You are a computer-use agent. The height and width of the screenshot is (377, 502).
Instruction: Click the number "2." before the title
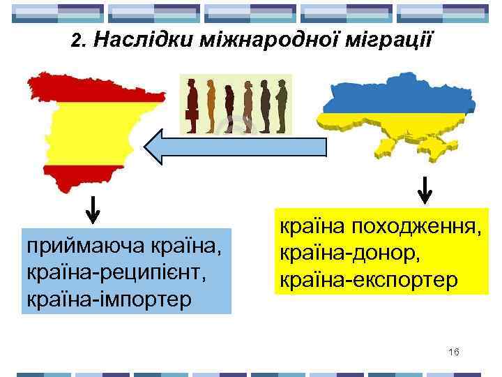tap(79, 40)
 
